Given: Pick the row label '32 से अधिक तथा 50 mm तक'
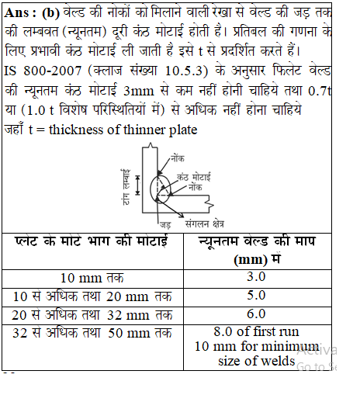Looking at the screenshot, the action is click(x=90, y=333).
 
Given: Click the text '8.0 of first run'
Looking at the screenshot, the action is click(x=256, y=333).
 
